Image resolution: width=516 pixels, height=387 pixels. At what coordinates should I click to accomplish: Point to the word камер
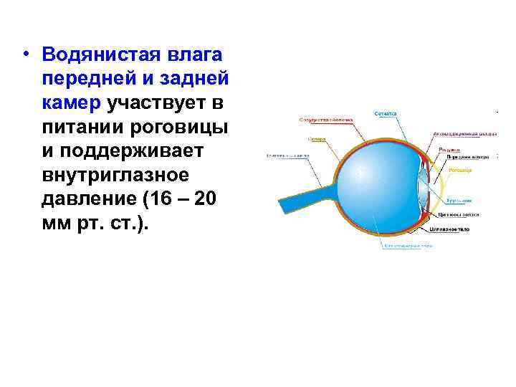point(72,104)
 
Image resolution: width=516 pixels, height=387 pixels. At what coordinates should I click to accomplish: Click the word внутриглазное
point(115,177)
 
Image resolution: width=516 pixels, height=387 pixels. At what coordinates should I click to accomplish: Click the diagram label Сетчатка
point(386,113)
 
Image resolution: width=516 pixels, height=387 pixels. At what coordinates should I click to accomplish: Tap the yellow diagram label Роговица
point(459,171)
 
